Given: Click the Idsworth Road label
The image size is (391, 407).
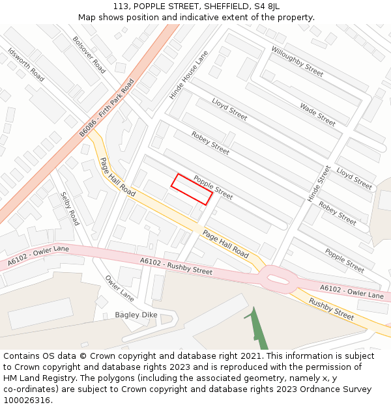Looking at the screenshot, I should pyautogui.click(x=26, y=64).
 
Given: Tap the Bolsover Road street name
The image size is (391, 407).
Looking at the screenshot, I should pyautogui.click(x=89, y=55).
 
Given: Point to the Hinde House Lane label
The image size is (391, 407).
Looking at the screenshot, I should pyautogui.click(x=189, y=75).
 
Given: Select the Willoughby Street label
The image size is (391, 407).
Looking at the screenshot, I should pyautogui.click(x=297, y=61).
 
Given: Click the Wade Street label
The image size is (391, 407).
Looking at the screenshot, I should pyautogui.click(x=317, y=114).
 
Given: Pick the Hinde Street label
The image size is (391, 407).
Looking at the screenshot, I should pyautogui.click(x=319, y=183).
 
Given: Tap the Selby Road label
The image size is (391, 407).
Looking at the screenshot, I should pyautogui.click(x=70, y=208).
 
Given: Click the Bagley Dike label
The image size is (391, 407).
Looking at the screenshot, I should pyautogui.click(x=136, y=315).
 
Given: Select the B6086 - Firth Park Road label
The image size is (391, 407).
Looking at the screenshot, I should pyautogui.click(x=107, y=108).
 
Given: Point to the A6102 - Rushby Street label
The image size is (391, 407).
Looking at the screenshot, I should pyautogui.click(x=176, y=266).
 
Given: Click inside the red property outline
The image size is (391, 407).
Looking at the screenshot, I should pyautogui.click(x=192, y=189).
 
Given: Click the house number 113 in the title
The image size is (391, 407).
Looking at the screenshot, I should pyautogui.click(x=121, y=6).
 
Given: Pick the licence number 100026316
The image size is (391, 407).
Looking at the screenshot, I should pyautogui.click(x=27, y=400).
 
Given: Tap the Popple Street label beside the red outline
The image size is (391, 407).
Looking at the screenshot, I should pyautogui.click(x=213, y=188).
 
